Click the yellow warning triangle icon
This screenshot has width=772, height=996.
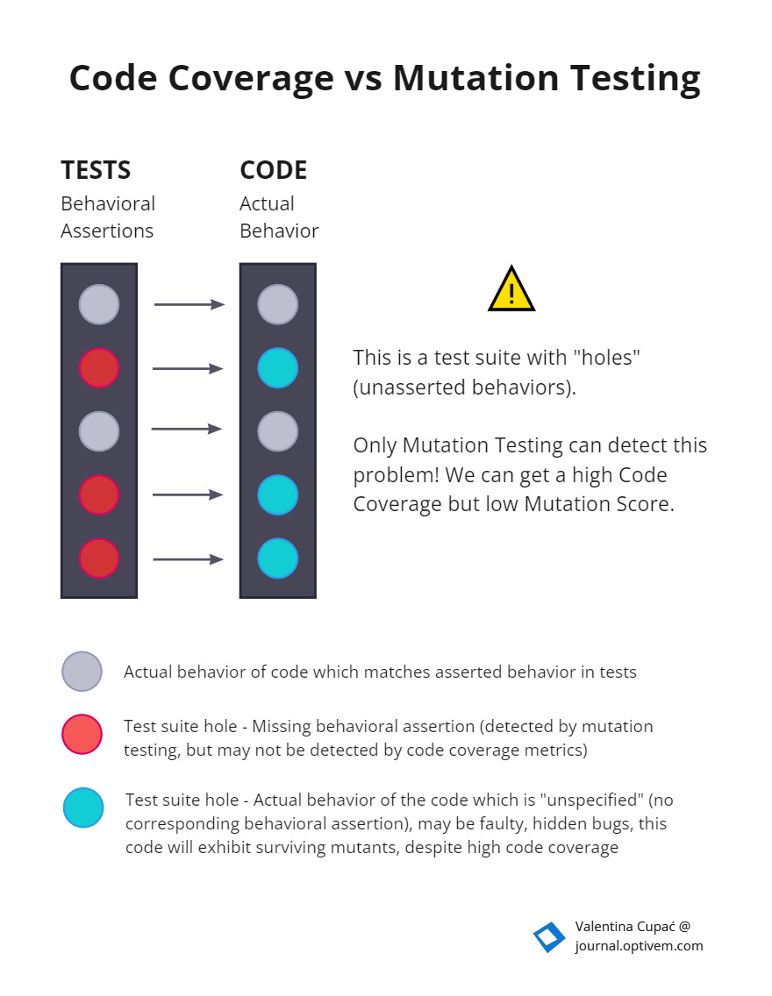[511, 290]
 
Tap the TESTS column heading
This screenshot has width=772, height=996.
[96, 169]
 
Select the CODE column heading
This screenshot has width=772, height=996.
[273, 169]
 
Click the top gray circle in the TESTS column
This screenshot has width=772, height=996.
[99, 304]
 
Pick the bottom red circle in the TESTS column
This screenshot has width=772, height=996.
[99, 558]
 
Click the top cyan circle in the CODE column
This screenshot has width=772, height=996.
[278, 368]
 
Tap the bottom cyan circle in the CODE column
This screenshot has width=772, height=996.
[278, 558]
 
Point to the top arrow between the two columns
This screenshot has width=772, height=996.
[189, 304]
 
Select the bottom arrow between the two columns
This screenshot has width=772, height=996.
[189, 559]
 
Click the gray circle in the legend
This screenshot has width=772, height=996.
[82, 672]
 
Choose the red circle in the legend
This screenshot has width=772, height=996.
[82, 734]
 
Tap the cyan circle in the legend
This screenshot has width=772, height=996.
[83, 807]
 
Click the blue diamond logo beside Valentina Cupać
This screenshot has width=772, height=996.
[549, 937]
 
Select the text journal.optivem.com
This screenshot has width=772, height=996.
[639, 946]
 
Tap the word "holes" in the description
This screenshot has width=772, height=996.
[611, 358]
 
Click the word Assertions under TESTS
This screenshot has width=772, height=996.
[107, 231]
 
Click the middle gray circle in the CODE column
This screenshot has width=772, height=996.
[278, 431]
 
